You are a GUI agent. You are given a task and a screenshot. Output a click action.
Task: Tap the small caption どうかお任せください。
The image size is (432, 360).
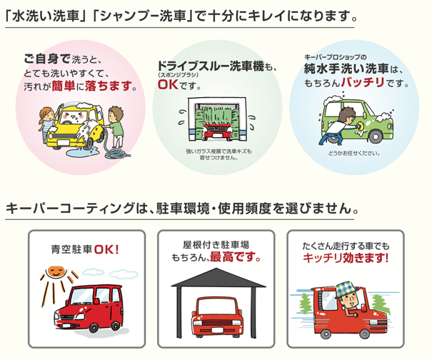tap(353, 154)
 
